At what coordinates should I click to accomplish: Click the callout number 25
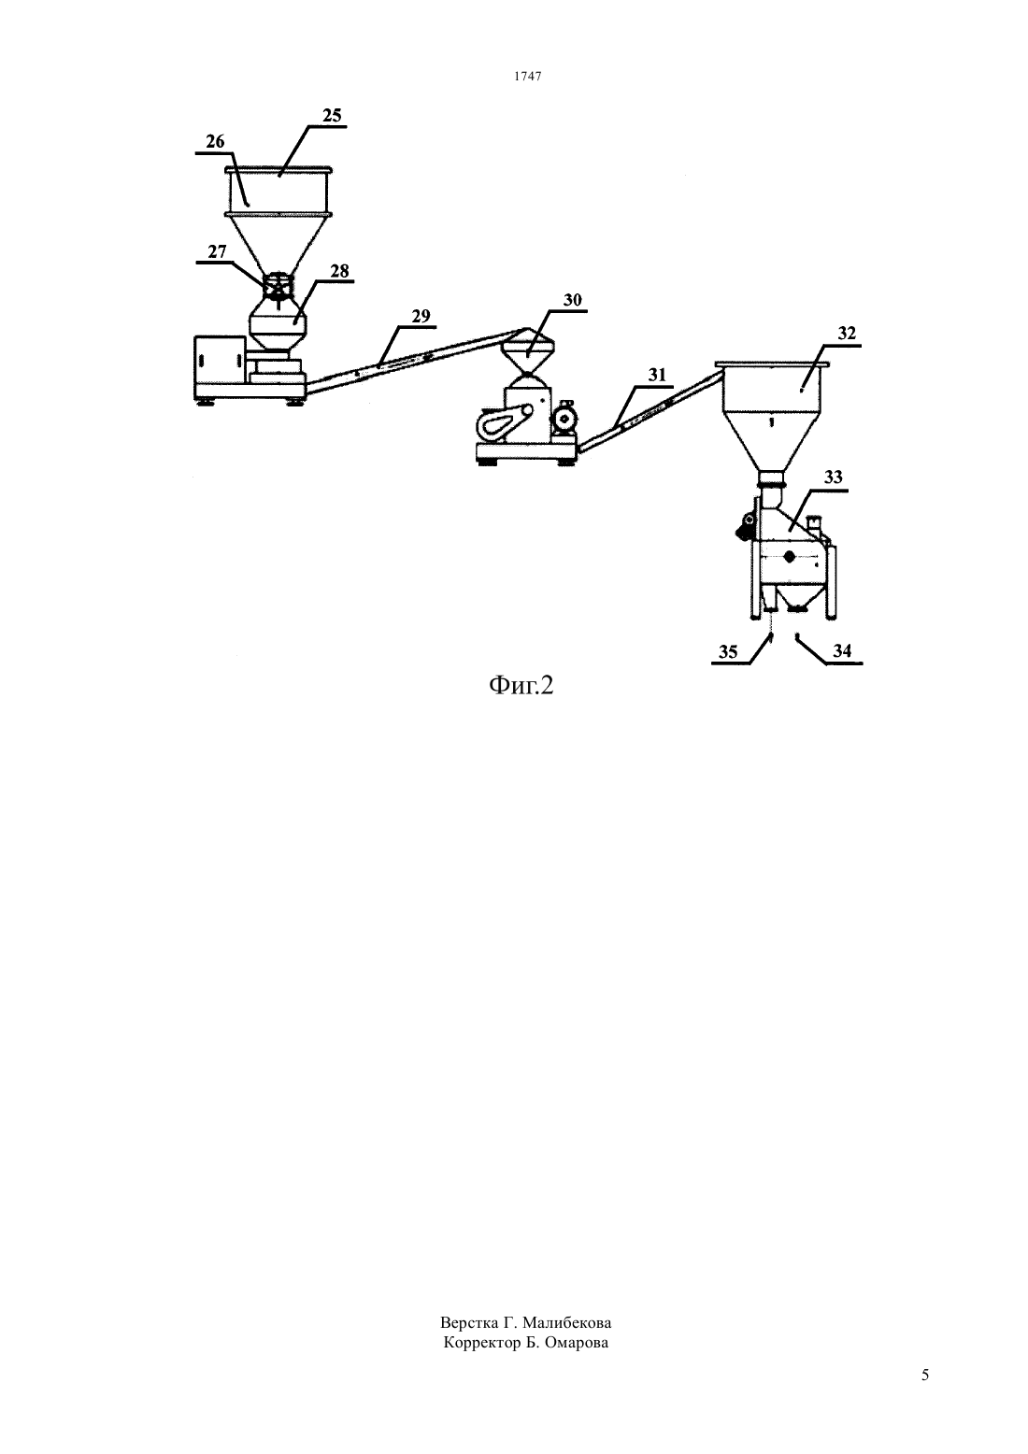tap(332, 116)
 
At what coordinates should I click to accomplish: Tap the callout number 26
tap(215, 141)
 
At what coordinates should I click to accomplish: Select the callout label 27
tap(217, 251)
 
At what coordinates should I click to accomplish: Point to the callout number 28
tap(339, 271)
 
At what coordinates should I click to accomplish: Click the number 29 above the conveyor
tap(421, 316)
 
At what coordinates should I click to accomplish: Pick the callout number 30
tap(572, 300)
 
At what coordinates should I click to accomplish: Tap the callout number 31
tap(657, 375)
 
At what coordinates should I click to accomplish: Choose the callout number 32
tap(847, 334)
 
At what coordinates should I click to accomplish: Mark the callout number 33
tap(834, 478)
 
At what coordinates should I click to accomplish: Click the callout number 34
tap(842, 649)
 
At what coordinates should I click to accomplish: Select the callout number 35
tap(728, 651)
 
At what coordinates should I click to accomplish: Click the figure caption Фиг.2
tap(521, 686)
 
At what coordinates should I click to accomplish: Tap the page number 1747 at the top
tap(528, 76)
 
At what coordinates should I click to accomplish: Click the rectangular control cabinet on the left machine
tap(218, 361)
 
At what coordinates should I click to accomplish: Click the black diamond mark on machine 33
tap(790, 556)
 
